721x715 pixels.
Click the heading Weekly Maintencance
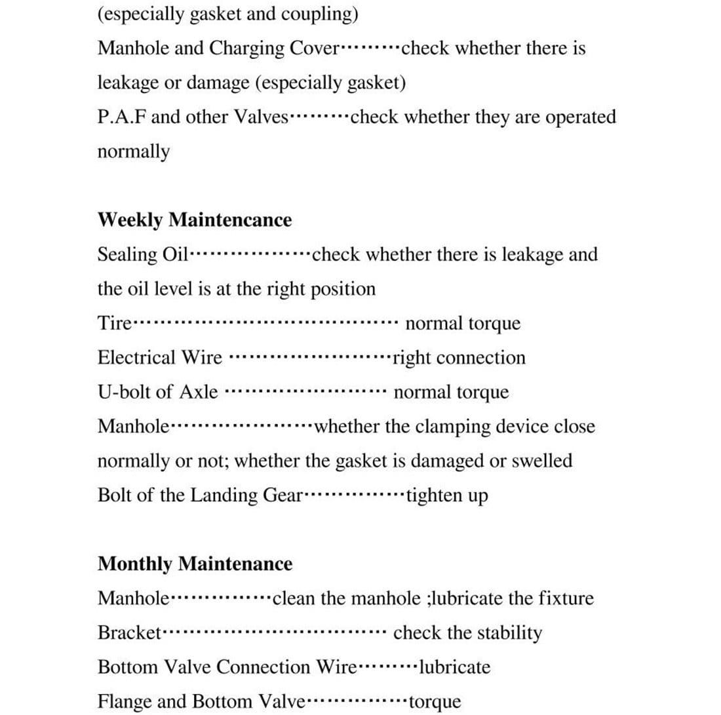[195, 220]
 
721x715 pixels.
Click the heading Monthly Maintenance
[195, 564]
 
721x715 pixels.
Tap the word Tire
[115, 323]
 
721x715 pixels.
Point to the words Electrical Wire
[159, 358]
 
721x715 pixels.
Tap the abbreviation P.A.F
[121, 117]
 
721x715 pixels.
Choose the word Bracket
[129, 633]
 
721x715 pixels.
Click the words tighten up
[447, 495]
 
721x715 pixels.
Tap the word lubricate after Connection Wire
[454, 667]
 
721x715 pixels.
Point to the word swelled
[542, 461]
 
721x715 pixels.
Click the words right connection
[459, 358]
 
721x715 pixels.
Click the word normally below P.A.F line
[133, 152]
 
